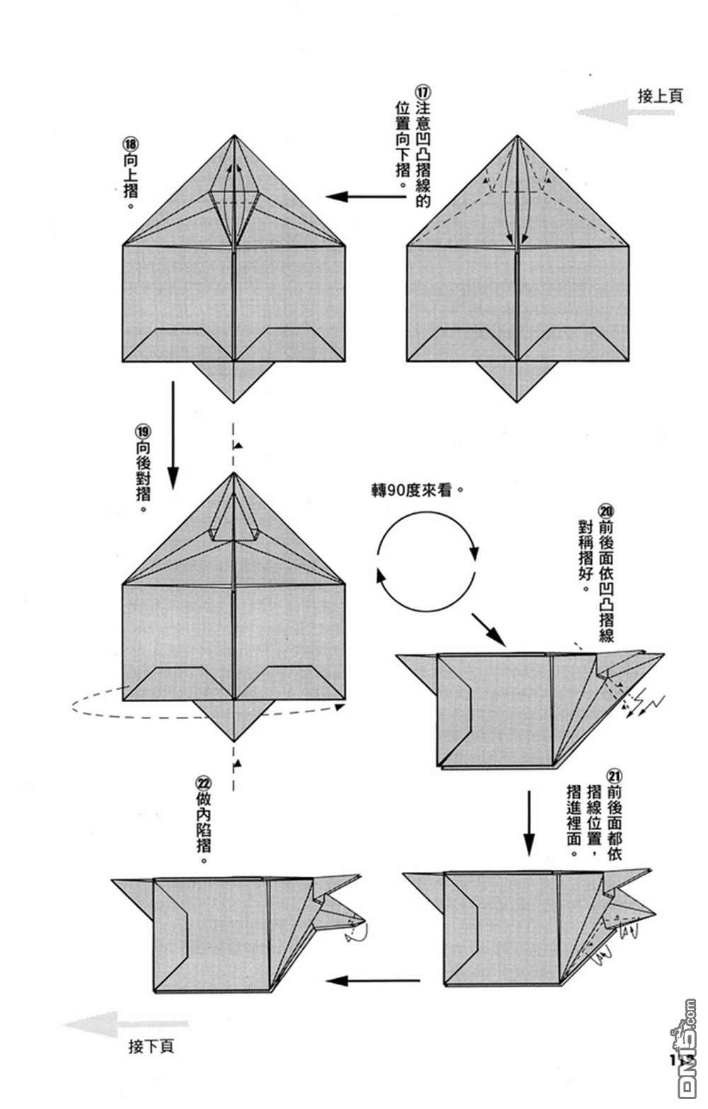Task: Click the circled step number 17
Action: (x=423, y=93)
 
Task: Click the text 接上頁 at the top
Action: (x=660, y=96)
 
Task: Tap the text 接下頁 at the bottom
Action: (x=151, y=1046)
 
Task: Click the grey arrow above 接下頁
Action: (x=125, y=1023)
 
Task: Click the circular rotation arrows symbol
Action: (x=428, y=561)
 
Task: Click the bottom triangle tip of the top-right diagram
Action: (x=518, y=401)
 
